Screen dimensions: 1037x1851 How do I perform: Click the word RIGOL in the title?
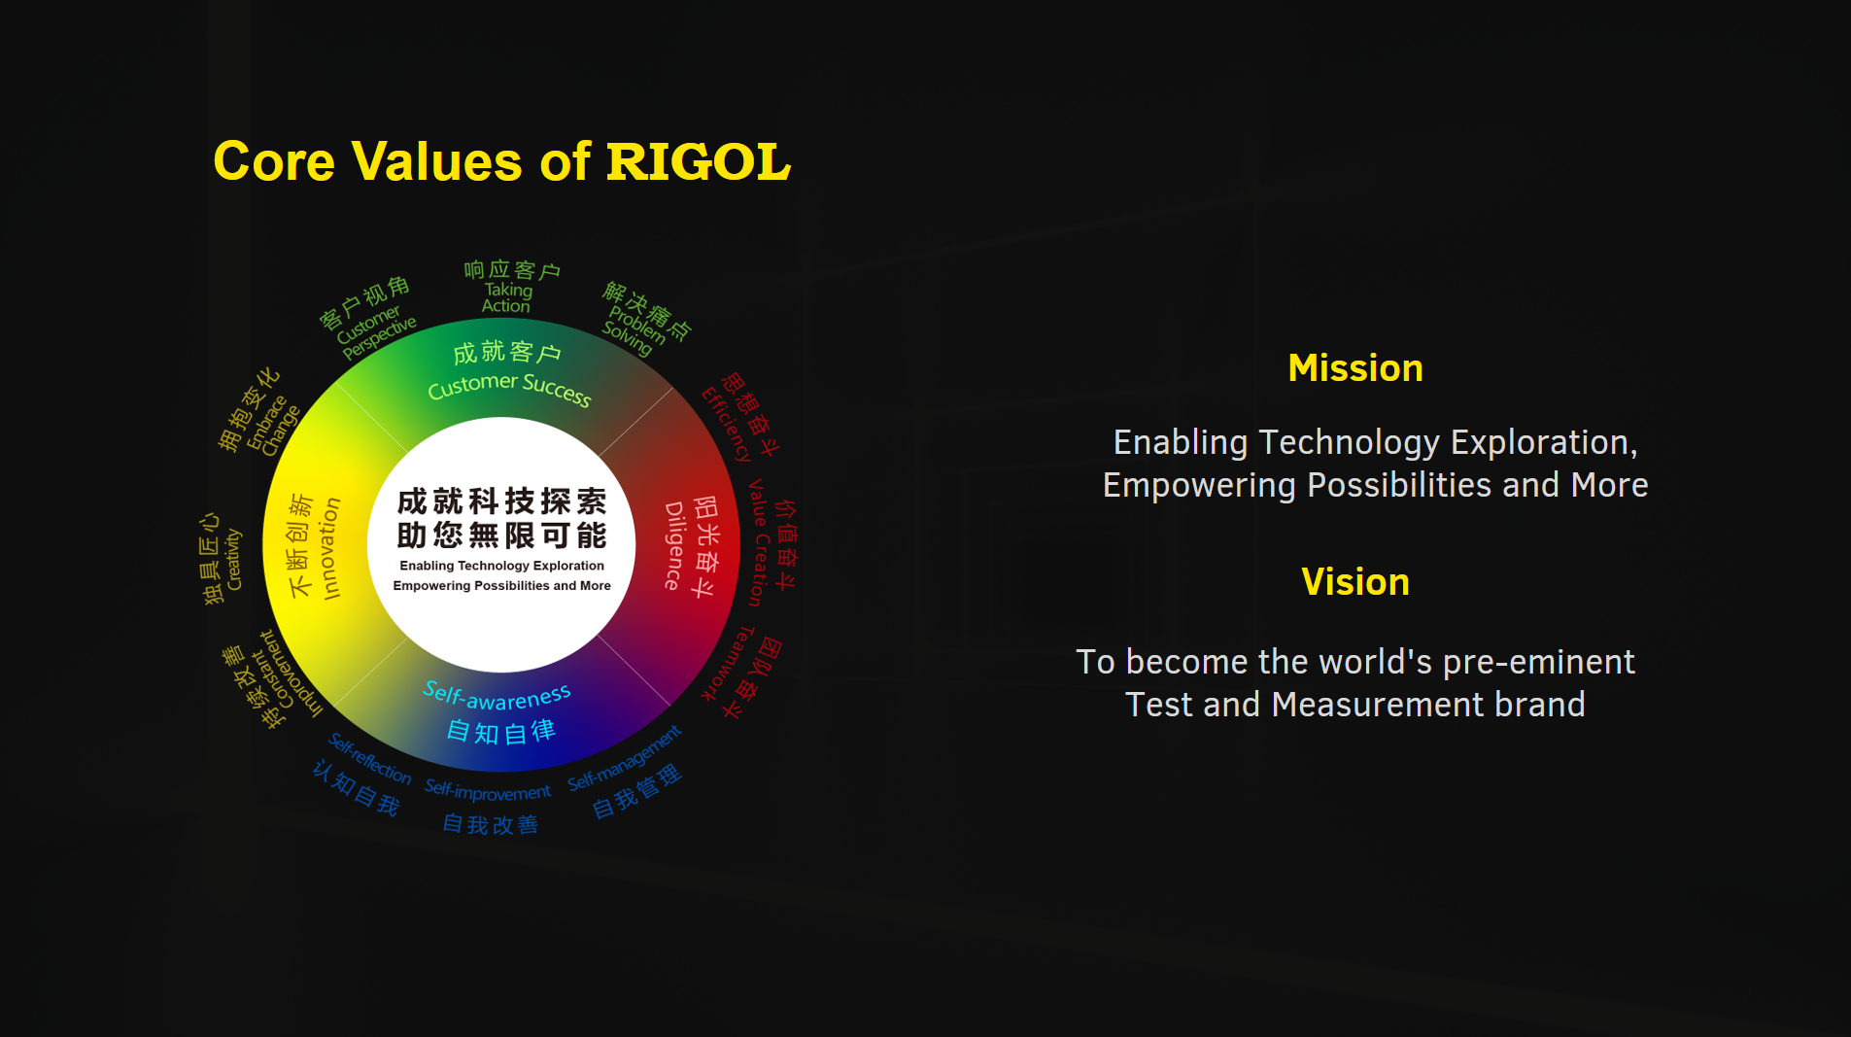click(x=698, y=161)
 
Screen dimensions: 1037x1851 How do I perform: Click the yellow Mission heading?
click(x=1354, y=368)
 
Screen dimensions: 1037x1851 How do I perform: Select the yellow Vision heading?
click(x=1354, y=582)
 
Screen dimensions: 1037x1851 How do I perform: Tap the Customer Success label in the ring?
click(x=509, y=387)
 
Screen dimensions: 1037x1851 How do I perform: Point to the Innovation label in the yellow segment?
click(x=329, y=548)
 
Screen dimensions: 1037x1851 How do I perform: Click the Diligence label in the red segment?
click(x=674, y=546)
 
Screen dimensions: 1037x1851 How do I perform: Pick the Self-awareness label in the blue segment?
click(x=497, y=696)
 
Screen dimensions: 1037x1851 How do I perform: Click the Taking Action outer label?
click(x=507, y=297)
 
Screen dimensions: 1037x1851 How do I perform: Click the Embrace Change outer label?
click(x=272, y=426)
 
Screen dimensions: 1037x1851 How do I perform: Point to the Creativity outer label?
click(x=233, y=559)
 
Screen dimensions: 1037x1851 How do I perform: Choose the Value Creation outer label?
click(x=759, y=542)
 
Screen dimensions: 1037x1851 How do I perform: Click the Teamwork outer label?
click(x=728, y=664)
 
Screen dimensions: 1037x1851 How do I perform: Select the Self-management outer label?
click(x=625, y=759)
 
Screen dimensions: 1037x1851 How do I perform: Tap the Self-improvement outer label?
click(x=488, y=791)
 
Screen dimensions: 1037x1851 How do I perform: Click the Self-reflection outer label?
click(x=369, y=759)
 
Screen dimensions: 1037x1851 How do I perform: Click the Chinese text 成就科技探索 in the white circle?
click(x=501, y=501)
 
